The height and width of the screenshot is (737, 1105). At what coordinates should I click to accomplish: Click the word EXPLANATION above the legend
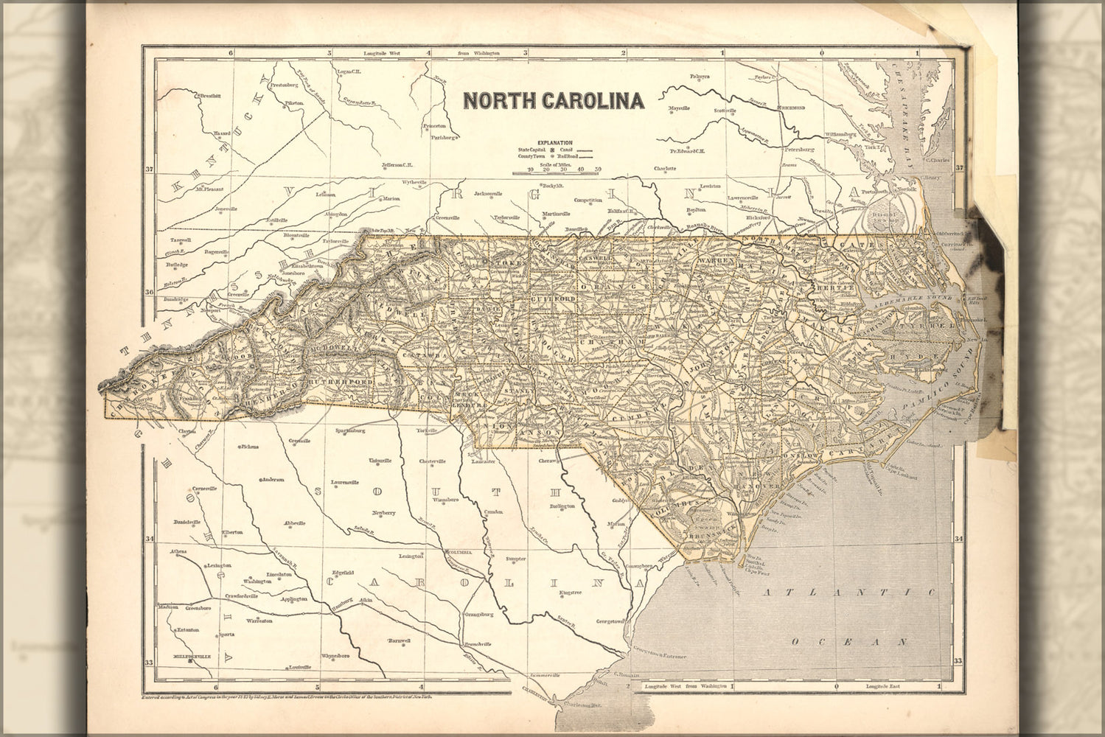[x=555, y=142]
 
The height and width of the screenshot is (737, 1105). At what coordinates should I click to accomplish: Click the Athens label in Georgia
[x=178, y=552]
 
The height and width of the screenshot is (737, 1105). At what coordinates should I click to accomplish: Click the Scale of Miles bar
[x=556, y=174]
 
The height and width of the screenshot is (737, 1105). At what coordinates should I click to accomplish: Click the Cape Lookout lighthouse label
[x=902, y=476]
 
